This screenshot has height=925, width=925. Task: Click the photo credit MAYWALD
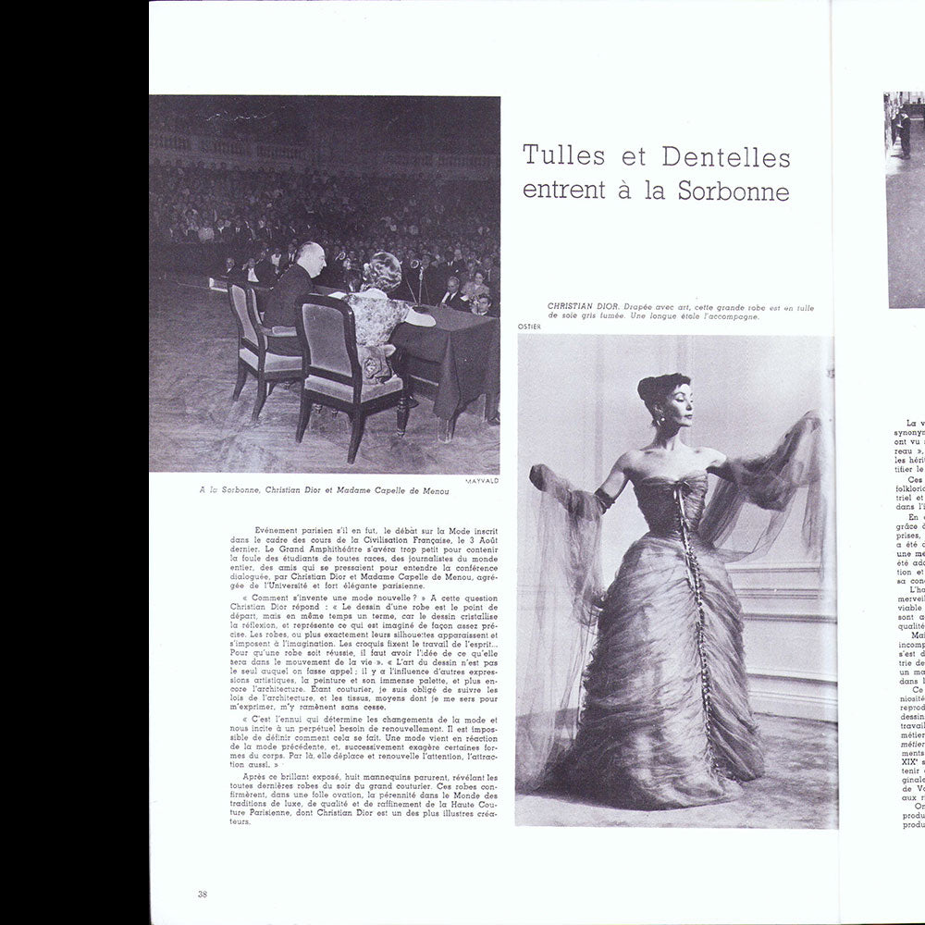(481, 481)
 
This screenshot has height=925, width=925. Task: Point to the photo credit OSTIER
(530, 327)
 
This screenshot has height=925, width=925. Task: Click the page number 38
(202, 894)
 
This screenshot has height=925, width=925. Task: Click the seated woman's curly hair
(382, 271)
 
